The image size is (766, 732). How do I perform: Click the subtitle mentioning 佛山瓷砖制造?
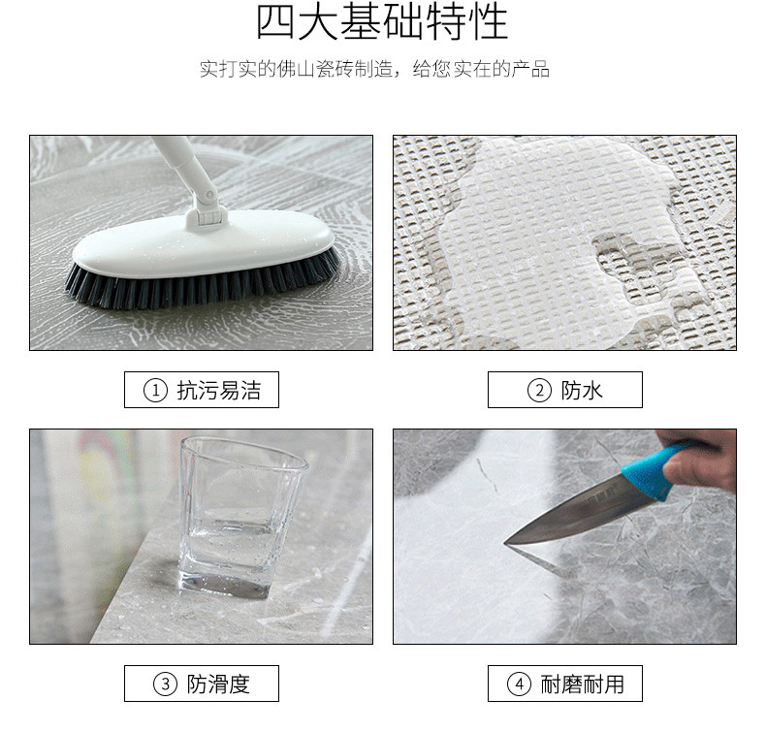tap(374, 70)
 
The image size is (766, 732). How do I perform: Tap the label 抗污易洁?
tap(219, 391)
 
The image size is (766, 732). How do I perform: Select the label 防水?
tap(583, 391)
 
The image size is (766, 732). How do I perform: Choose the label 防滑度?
tap(219, 684)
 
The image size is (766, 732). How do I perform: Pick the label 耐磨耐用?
tap(583, 684)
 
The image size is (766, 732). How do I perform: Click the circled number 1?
tap(155, 391)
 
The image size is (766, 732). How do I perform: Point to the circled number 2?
tap(538, 391)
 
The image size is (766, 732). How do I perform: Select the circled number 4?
tap(519, 684)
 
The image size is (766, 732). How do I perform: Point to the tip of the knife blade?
tap(508, 541)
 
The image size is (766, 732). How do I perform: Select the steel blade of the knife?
tap(572, 509)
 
